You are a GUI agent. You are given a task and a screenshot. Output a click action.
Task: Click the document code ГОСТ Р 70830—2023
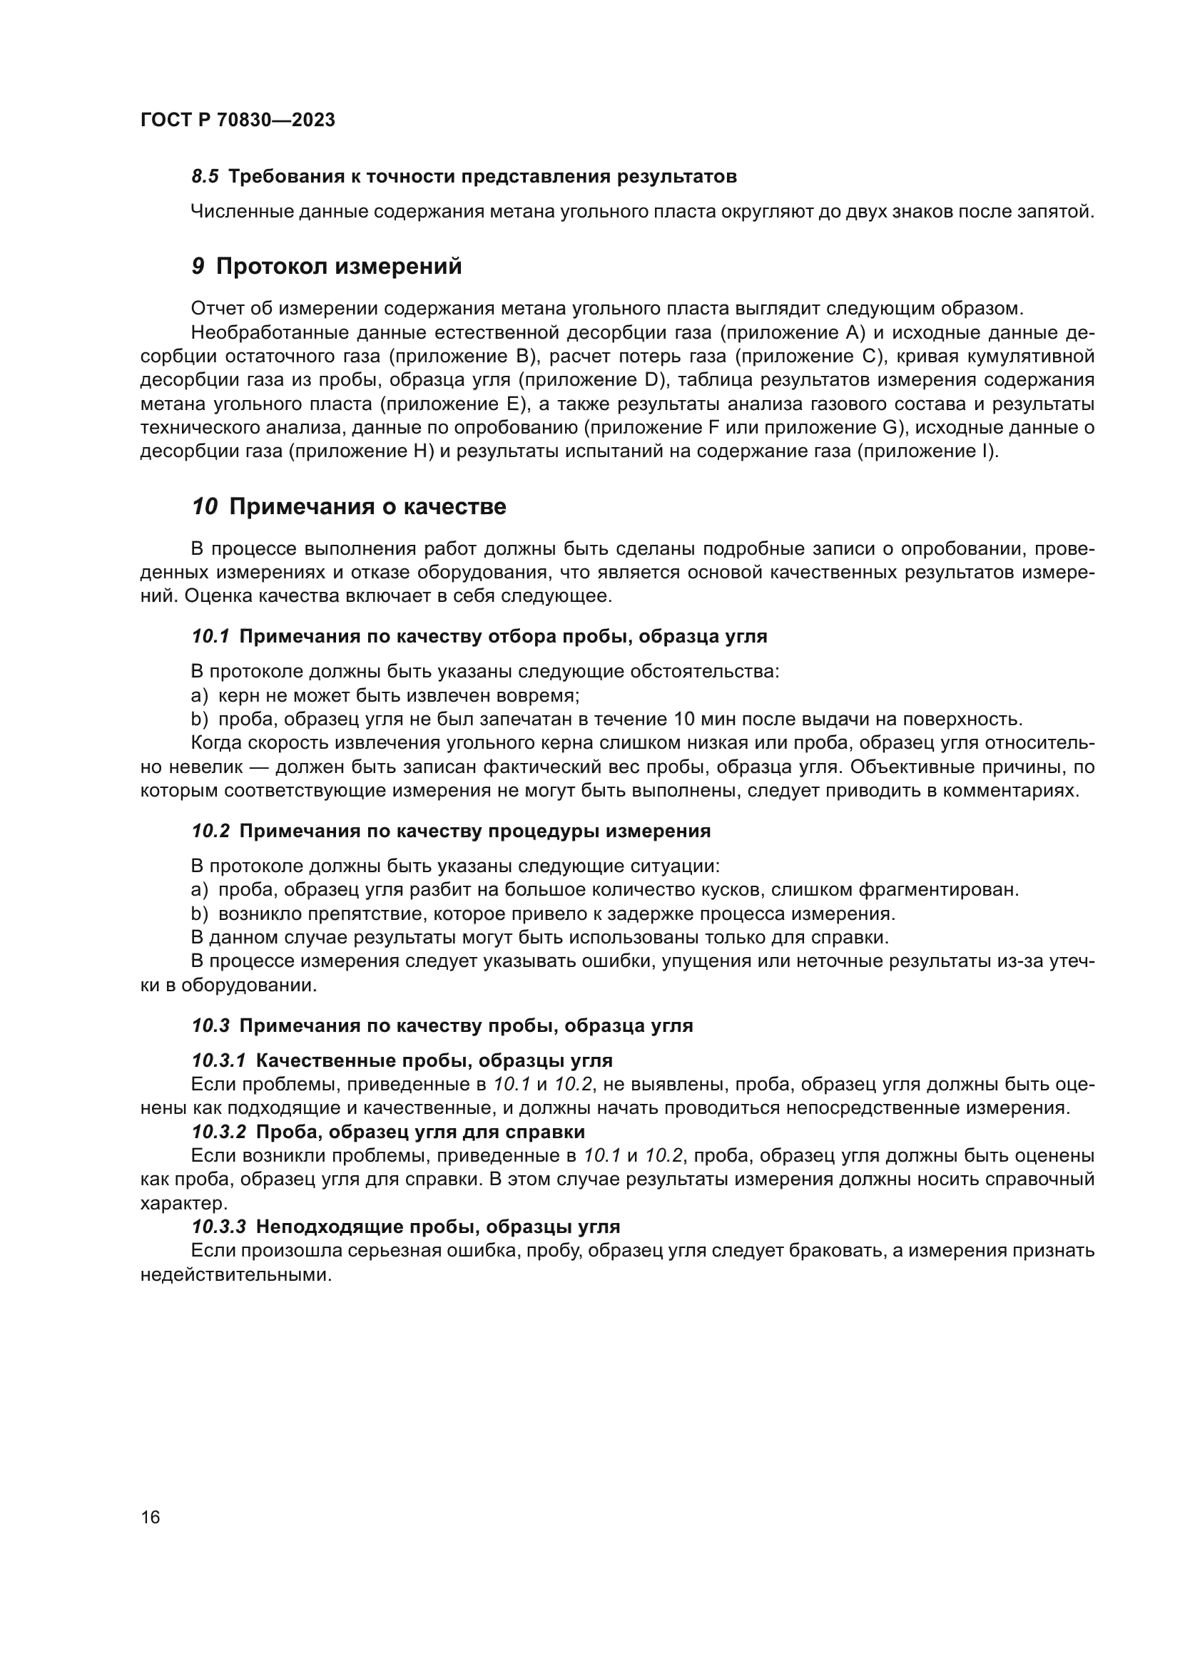pos(238,121)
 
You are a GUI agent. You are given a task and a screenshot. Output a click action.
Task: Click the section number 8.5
pos(205,177)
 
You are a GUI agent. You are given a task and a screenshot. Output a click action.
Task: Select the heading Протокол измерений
pos(339,267)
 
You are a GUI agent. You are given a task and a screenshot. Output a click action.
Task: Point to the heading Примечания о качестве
pos(367,506)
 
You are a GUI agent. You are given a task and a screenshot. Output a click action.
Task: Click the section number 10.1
pos(210,636)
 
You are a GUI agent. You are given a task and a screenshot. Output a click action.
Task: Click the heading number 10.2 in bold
pos(210,831)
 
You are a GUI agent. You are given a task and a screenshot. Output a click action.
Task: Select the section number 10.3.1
pos(219,1060)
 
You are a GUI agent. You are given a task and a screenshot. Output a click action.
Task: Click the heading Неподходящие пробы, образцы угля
pos(438,1227)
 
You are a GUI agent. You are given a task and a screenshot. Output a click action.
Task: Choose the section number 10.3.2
pos(219,1132)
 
